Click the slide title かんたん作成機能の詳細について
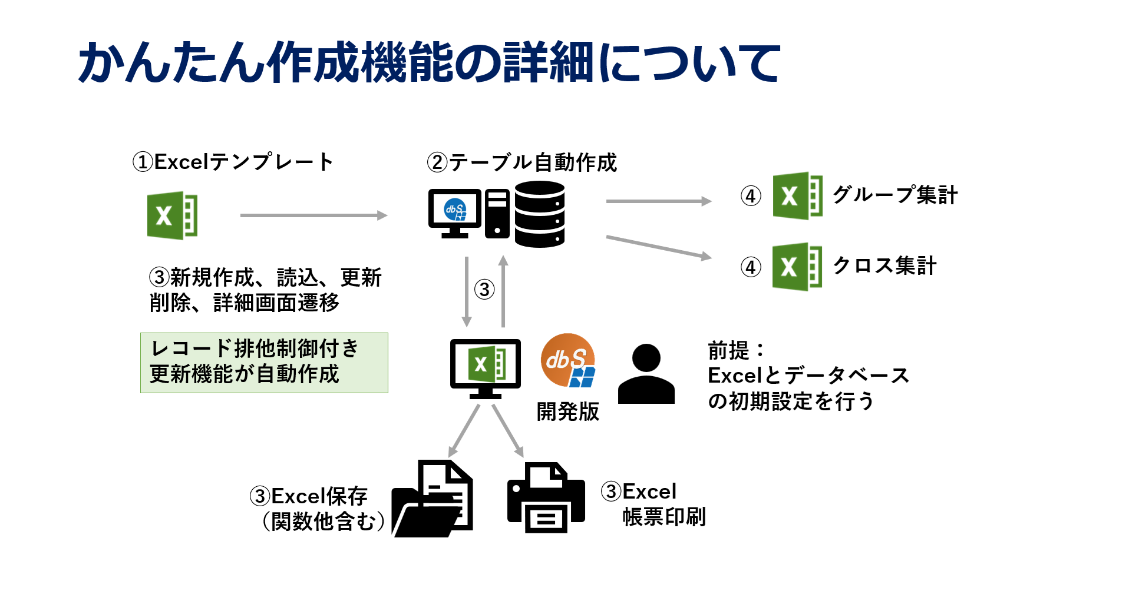point(429,62)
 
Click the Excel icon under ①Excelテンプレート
point(172,215)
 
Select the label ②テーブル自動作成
point(522,162)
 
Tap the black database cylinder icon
point(539,214)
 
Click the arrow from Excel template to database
point(313,215)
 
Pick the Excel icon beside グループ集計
point(797,196)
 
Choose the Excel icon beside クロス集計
point(797,267)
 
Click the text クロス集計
point(884,265)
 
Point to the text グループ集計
point(895,195)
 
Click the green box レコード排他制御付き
point(264,363)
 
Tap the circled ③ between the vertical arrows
point(484,290)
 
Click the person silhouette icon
point(646,374)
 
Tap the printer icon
point(546,497)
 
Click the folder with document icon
point(433,499)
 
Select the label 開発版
point(567,411)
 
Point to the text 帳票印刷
point(664,517)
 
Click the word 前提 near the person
point(728,350)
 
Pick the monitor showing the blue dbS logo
point(455,212)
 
